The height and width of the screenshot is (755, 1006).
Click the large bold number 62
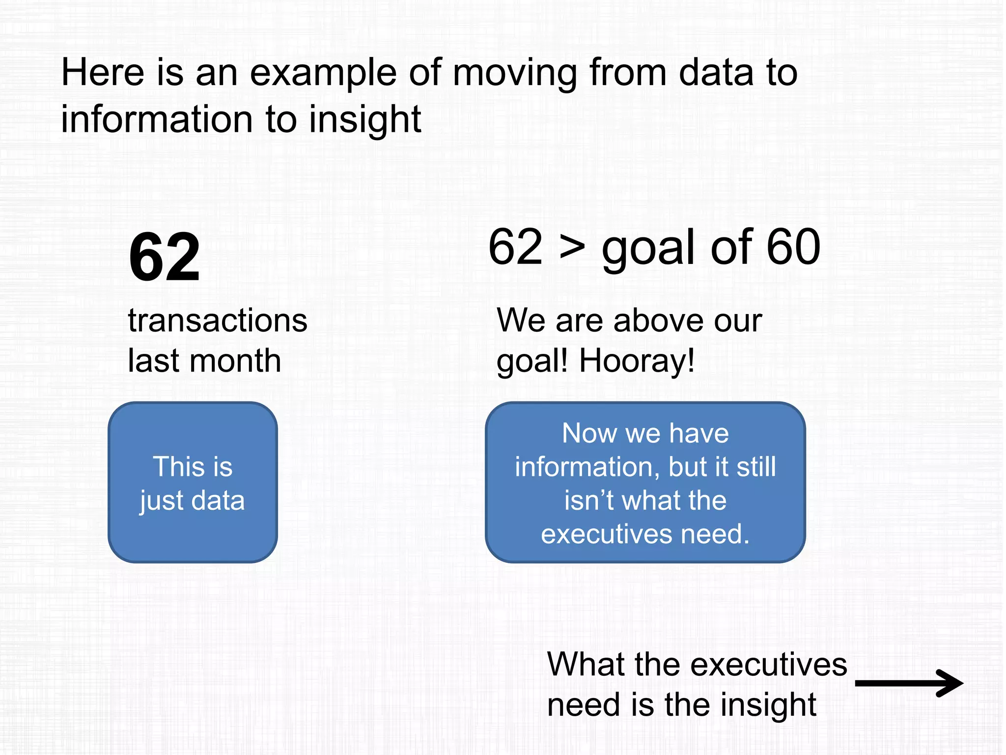pyautogui.click(x=164, y=258)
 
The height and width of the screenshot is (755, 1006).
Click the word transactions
pyautogui.click(x=217, y=321)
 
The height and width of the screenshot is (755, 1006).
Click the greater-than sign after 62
pyautogui.click(x=572, y=247)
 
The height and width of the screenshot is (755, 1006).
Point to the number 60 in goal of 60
pyautogui.click(x=793, y=247)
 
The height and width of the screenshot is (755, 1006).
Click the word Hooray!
pyautogui.click(x=637, y=361)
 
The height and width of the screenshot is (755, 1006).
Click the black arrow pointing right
pyautogui.click(x=909, y=683)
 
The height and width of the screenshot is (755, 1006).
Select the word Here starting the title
pyautogui.click(x=102, y=73)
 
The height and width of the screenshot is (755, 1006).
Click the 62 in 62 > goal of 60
pyautogui.click(x=515, y=247)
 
